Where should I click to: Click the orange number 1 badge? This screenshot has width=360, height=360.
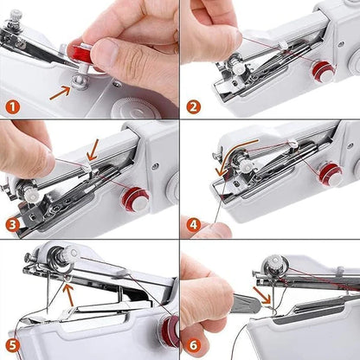click(x=14, y=108)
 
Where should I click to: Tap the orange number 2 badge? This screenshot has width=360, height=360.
click(x=194, y=107)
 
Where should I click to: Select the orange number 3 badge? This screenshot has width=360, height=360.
click(x=13, y=226)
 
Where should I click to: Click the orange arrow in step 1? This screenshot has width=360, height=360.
click(x=61, y=88)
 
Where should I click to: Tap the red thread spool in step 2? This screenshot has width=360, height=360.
click(x=324, y=72)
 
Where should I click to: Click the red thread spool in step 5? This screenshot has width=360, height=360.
click(x=169, y=331)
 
